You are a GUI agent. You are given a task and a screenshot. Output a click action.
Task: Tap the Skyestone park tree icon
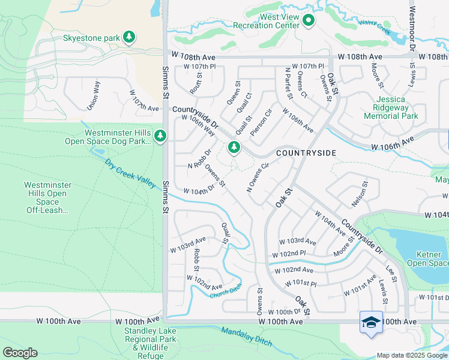[x=128, y=38]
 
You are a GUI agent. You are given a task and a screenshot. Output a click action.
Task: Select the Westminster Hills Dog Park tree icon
[x=160, y=136]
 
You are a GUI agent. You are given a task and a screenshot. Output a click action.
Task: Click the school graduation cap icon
[x=371, y=322]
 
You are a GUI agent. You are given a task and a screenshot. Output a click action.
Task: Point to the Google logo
[x=20, y=352]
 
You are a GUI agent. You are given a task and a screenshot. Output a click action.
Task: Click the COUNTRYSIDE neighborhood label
[x=306, y=153]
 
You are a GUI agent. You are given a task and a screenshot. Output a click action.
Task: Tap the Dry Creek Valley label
[x=130, y=173]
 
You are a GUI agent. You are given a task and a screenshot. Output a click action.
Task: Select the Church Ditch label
[x=225, y=293]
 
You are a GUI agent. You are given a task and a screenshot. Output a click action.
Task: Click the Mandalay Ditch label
[x=247, y=337]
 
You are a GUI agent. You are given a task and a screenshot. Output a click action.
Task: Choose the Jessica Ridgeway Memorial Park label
[x=391, y=107]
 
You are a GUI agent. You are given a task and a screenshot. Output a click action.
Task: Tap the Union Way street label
[x=92, y=97]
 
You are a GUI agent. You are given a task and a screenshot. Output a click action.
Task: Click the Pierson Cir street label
[x=262, y=122]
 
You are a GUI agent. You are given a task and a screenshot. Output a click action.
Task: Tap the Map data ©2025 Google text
[x=412, y=355]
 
